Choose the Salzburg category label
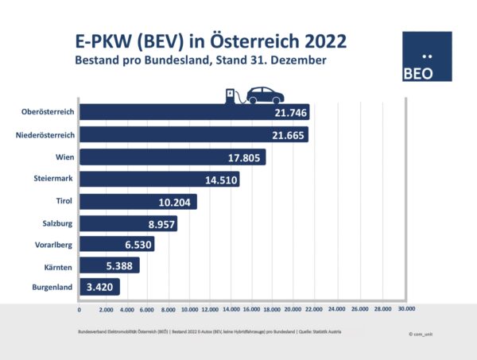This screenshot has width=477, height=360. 56,224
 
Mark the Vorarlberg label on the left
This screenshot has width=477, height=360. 53,246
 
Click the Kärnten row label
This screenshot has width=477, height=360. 57,267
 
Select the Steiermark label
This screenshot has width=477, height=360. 53,180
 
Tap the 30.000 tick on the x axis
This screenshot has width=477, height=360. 407,308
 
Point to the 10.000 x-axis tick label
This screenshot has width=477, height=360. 189,308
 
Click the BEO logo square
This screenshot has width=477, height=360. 427,57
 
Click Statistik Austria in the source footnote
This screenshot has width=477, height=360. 325,329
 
